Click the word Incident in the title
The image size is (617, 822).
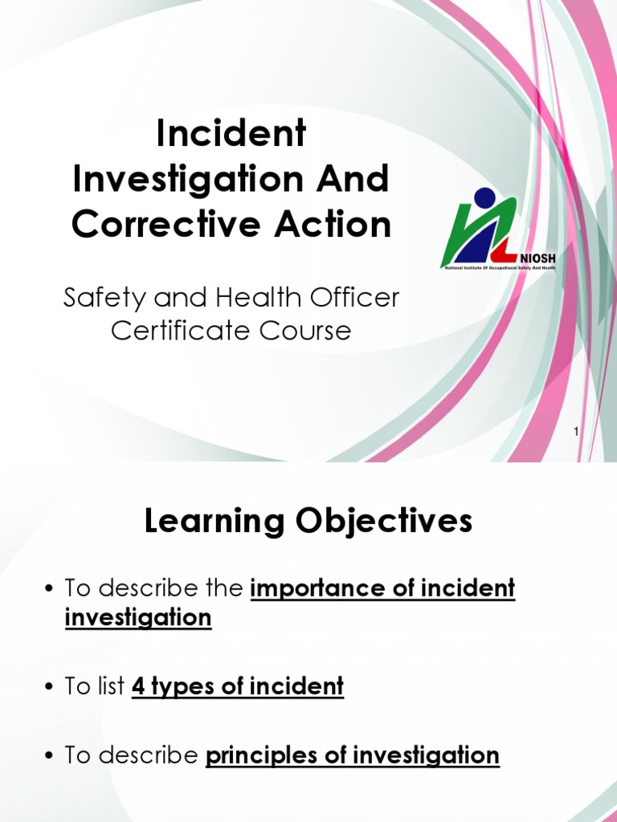pyautogui.click(x=231, y=134)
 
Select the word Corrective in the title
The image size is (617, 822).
pyautogui.click(x=152, y=225)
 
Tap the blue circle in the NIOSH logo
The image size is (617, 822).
pyautogui.click(x=485, y=198)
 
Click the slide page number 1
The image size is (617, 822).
pyautogui.click(x=576, y=433)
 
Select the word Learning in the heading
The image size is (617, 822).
pyautogui.click(x=208, y=523)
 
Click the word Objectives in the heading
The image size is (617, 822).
pyautogui.click(x=391, y=523)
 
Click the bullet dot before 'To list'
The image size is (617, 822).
pyautogui.click(x=49, y=687)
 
